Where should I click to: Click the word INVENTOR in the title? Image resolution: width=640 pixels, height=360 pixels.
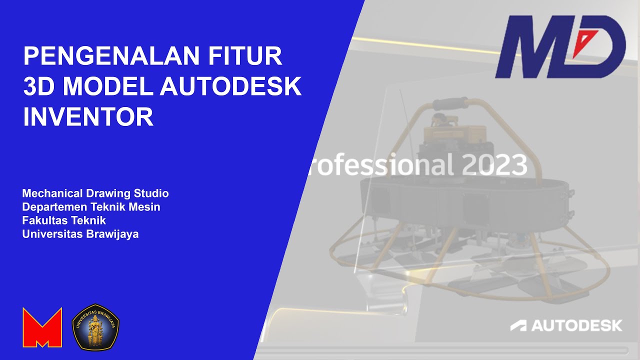point(88,117)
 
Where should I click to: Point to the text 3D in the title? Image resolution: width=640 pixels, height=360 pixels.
point(39,87)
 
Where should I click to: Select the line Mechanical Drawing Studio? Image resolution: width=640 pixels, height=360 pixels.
point(95,193)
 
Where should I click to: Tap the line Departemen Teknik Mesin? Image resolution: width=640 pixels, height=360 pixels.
point(91,207)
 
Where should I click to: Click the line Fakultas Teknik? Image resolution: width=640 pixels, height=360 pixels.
point(64,220)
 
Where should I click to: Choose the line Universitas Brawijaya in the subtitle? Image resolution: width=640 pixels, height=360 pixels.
point(80,234)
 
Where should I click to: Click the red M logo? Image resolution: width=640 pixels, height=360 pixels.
point(42,327)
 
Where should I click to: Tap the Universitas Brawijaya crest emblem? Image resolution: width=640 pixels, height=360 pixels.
point(95,327)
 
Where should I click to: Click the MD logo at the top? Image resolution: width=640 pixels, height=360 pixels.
point(560,47)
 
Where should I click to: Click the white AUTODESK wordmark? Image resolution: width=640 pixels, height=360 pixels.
point(576,325)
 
